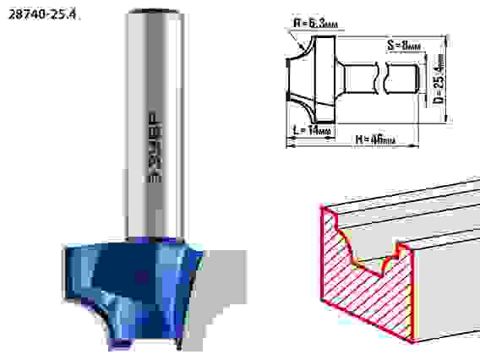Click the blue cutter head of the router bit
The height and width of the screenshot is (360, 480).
(x=127, y=279)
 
